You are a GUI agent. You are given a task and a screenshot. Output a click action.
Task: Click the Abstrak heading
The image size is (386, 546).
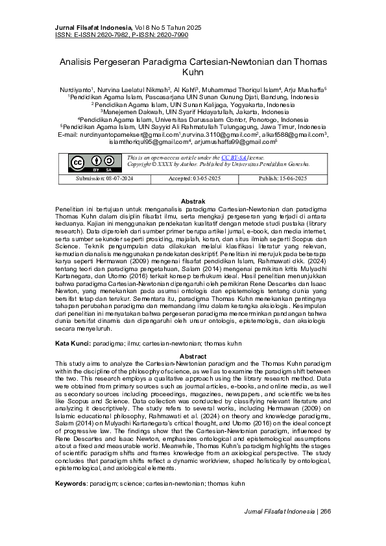tap(193, 202)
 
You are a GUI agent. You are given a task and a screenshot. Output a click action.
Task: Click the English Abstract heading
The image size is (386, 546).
tap(193, 357)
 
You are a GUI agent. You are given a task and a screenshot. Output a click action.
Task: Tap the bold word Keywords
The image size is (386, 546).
tap(70, 484)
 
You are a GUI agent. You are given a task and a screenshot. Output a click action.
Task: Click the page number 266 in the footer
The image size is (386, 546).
tap(326, 530)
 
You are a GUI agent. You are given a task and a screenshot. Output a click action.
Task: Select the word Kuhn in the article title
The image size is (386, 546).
tap(193, 73)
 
